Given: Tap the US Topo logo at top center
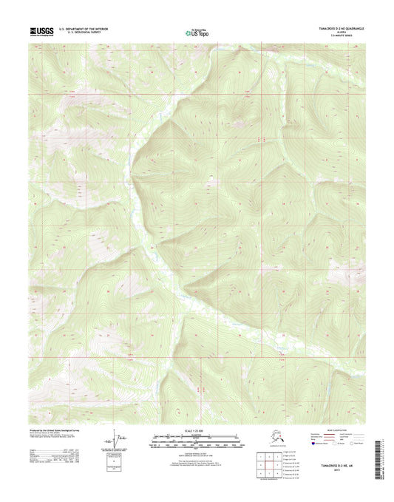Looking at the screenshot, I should click(197, 31).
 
